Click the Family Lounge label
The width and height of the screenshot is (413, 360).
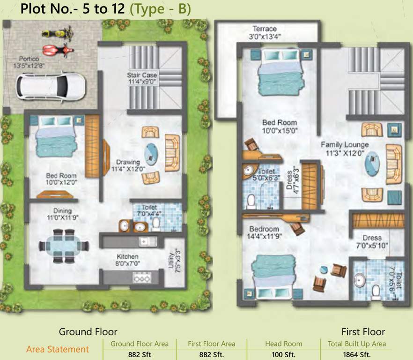tap(345, 144)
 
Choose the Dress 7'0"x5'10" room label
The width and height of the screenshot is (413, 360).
tap(372, 241)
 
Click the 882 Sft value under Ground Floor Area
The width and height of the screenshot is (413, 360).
tap(139, 354)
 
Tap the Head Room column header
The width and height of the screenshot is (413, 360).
tap(283, 344)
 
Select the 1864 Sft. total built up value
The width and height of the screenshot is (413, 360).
tap(356, 354)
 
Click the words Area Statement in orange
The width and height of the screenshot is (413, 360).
tap(58, 349)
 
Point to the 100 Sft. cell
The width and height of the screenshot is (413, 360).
tap(283, 354)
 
